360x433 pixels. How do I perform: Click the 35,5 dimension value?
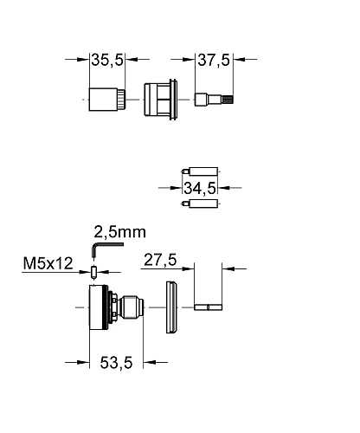107,60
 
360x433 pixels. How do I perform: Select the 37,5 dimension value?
214,60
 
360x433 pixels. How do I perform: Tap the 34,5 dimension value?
200,188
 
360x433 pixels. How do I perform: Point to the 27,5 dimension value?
160,260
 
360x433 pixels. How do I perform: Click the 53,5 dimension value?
116,363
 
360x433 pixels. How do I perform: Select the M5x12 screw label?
48,263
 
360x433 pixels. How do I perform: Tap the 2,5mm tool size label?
120,232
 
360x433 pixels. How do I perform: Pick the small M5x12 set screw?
93,272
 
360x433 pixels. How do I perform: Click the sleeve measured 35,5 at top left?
107,100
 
